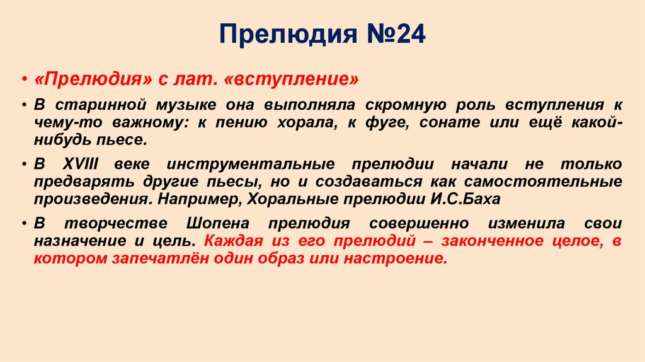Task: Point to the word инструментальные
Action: pyautogui.click(x=247, y=164)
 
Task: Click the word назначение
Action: pyautogui.click(x=73, y=241)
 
